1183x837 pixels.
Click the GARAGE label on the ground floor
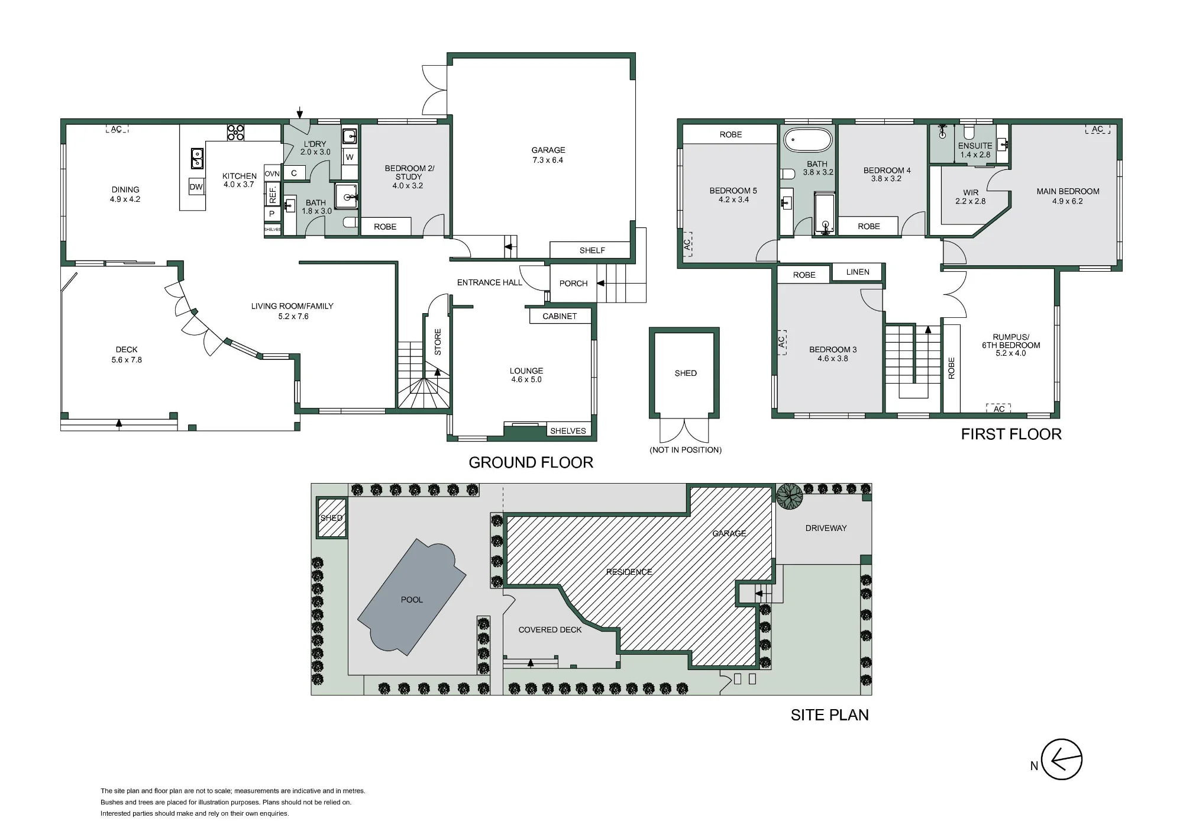coord(548,150)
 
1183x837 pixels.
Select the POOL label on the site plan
coord(412,600)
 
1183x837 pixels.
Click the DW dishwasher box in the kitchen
coord(196,186)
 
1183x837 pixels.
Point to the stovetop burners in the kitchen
coord(236,132)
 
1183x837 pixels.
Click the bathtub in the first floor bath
coord(808,141)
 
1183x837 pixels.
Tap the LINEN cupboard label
coord(858,272)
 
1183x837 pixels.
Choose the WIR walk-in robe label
coord(971,192)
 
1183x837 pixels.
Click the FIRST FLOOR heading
coord(1011,434)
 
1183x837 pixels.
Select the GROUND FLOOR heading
coord(531,463)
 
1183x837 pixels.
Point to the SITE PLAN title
coord(830,715)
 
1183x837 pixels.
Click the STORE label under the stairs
coord(438,342)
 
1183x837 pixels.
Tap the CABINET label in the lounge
coord(560,316)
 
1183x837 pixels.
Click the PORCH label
coord(574,284)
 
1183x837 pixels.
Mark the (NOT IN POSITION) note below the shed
coord(686,450)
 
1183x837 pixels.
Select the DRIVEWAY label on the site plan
coord(826,528)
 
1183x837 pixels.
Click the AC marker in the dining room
coord(117,129)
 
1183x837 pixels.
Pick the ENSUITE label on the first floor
coord(975,146)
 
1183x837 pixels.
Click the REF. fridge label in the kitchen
coord(273,194)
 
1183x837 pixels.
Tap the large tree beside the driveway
coord(790,496)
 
